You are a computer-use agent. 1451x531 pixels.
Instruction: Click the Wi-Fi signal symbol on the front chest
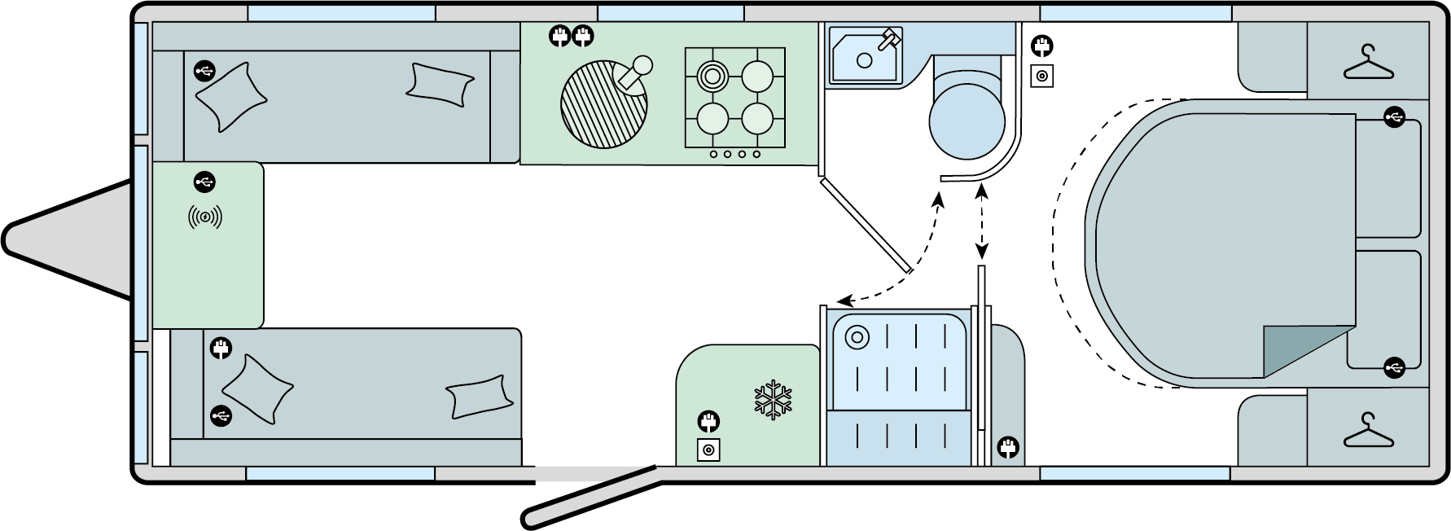205,217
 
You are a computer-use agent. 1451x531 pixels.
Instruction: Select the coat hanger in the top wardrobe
1369,63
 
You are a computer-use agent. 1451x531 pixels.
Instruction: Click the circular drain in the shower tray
856,336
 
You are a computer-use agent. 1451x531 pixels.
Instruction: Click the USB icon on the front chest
204,181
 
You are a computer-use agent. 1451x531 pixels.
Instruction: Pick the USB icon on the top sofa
204,72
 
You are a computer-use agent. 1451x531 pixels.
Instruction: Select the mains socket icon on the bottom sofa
221,349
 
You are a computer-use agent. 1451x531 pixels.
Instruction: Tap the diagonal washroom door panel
866,226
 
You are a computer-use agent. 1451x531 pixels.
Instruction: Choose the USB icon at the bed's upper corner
1393,118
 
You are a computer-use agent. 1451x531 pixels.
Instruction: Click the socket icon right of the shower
1008,447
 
